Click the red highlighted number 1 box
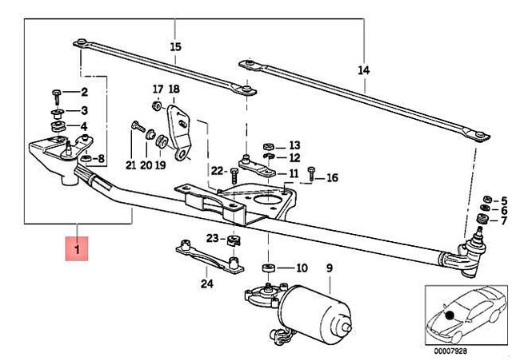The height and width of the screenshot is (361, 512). (77, 248)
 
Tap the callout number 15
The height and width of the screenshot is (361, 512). (175, 46)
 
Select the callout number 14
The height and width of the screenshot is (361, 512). (363, 70)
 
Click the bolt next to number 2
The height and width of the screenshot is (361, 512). (57, 97)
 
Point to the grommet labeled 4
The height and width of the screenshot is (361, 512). (58, 126)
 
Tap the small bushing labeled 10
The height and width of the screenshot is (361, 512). (269, 268)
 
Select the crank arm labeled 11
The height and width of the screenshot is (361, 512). (257, 167)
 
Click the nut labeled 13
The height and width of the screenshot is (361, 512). (269, 146)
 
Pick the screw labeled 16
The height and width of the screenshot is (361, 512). (311, 174)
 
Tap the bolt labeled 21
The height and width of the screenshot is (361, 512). (138, 126)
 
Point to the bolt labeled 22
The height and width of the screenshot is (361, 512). (234, 177)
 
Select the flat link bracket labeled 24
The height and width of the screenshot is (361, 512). (210, 256)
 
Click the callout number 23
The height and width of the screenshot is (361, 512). (212, 238)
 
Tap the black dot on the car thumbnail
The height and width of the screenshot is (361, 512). (450, 315)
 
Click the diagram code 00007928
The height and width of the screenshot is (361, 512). (450, 351)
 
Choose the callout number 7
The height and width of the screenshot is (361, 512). (503, 220)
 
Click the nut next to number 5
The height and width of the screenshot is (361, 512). (487, 199)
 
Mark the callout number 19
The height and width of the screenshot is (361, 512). (160, 165)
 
